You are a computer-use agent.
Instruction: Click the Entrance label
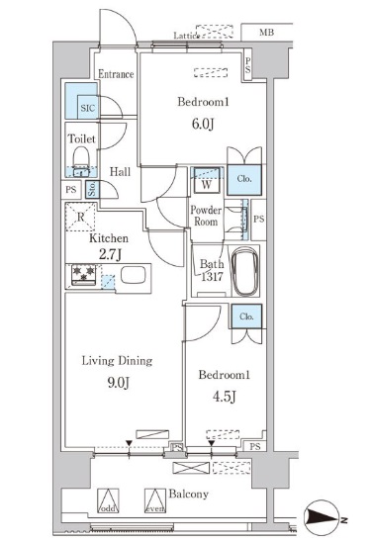click(116, 73)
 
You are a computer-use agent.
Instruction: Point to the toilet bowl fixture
click(81, 160)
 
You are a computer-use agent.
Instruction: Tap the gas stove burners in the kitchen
click(83, 276)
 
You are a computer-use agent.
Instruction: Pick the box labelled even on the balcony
click(153, 502)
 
